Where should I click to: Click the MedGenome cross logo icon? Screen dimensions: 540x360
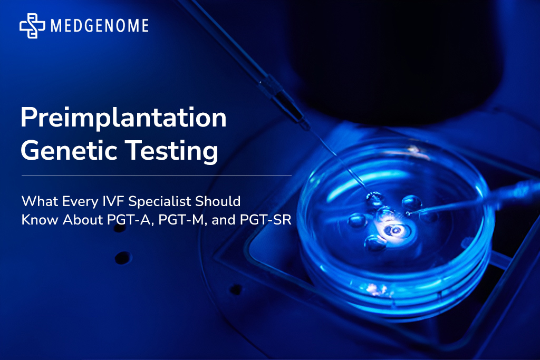tap(32, 26)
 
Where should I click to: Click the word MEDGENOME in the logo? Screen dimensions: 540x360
tap(100, 26)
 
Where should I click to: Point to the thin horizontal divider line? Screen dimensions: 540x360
tap(156, 176)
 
